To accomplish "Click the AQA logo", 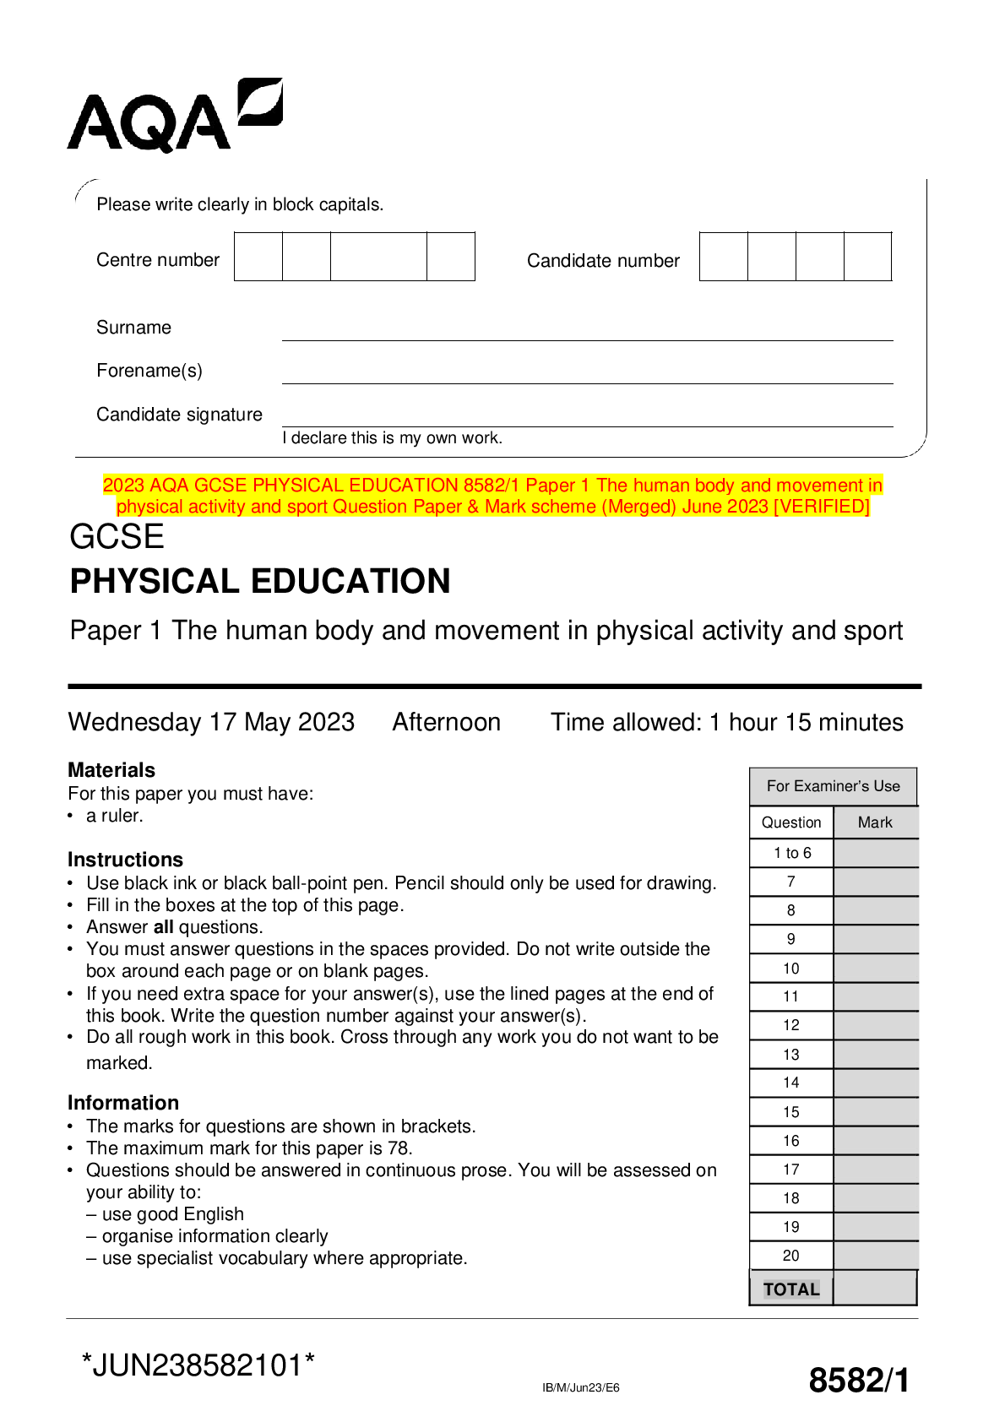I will coord(174,116).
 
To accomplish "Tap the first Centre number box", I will coord(258,257).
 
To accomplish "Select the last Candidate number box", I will coord(867,257).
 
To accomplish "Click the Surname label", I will coord(133,328).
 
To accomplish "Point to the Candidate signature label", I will coord(179,415).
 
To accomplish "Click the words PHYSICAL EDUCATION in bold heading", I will coord(260,582).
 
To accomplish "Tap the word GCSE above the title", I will coord(117,537).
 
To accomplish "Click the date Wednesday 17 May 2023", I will coord(211,722).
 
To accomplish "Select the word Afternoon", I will coord(446,722).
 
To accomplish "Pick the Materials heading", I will coord(111,770).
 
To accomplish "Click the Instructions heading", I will coord(125,860).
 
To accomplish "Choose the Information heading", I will coord(123,1103).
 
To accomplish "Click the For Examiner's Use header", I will coord(833,786).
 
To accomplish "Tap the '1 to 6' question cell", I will coord(791,853).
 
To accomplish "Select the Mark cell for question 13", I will coord(875,1055).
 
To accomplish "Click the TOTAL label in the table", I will coord(791,1289).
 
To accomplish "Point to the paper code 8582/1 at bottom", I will coord(859,1381).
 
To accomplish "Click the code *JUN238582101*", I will coord(198,1365).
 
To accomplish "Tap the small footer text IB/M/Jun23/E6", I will coord(580,1387).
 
